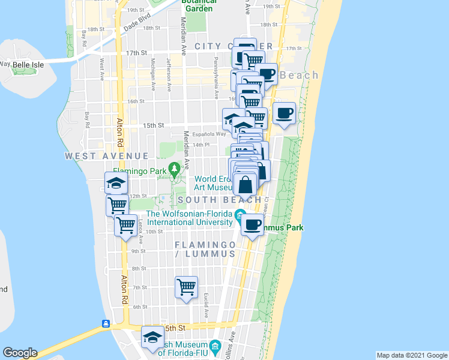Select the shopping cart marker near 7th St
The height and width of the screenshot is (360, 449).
click(187, 287)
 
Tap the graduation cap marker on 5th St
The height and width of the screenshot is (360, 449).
click(153, 338)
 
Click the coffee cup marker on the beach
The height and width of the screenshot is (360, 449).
click(285, 112)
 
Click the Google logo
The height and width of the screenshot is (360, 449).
click(19, 353)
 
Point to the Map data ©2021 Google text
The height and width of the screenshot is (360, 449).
click(412, 355)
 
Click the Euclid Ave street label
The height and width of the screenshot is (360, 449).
click(205, 305)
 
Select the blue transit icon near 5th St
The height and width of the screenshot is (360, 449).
click(106, 324)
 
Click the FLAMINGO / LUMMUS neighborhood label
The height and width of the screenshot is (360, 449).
click(204, 250)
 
